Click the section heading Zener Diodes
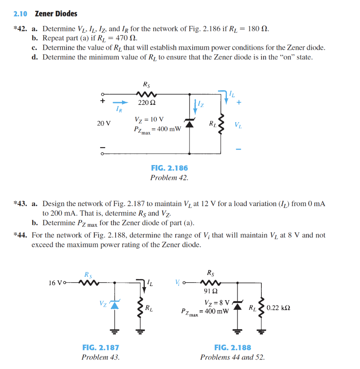(56, 14)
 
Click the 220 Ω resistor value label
(147, 103)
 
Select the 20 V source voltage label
(104, 123)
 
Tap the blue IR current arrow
(121, 102)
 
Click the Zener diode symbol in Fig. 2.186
(190, 123)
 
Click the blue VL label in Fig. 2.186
(238, 125)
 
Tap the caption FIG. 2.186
(169, 168)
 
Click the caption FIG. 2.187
(101, 348)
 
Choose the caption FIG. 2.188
(233, 348)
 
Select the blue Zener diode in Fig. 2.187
(114, 305)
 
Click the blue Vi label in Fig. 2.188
(177, 282)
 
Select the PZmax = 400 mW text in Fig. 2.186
(157, 130)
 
